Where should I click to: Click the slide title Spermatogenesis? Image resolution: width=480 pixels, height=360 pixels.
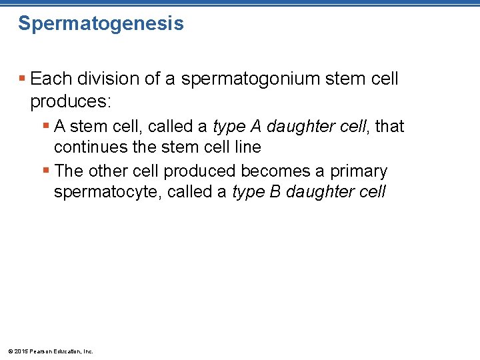click(x=101, y=24)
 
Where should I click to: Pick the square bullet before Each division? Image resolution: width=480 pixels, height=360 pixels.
click(x=22, y=79)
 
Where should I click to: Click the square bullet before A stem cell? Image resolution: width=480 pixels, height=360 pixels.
click(x=45, y=126)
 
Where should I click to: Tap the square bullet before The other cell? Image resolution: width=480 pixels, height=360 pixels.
click(x=45, y=171)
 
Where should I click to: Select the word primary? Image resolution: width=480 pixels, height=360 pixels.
click(x=359, y=171)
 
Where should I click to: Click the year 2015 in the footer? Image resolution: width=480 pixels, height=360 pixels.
click(x=19, y=351)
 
